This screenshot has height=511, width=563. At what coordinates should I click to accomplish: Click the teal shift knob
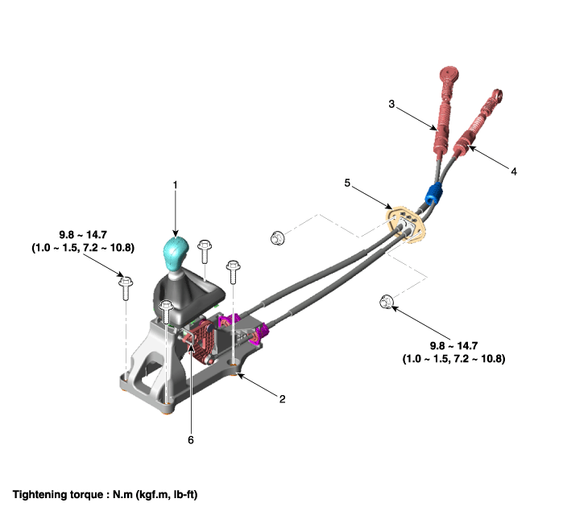pos(176,253)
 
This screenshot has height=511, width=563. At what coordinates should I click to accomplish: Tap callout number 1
pos(176,185)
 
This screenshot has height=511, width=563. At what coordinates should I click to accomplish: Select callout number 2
pos(282,399)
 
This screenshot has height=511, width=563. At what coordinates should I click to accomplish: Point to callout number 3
pos(391,104)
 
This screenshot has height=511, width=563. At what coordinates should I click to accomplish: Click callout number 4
pos(514,171)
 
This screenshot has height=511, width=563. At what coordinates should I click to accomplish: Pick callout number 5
pos(347,183)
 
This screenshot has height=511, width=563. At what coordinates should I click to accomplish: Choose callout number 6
pos(191,440)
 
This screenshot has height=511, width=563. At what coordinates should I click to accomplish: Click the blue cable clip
pos(433,194)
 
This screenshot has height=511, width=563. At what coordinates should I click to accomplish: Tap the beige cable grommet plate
pos(405,225)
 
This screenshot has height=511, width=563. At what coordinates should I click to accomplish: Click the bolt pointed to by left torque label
pos(126,288)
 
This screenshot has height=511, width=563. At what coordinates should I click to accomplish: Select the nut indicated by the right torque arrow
pos(386,302)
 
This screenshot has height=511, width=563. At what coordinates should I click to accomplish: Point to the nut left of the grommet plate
pos(277,238)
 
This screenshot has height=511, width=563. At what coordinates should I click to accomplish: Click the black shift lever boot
pos(188,296)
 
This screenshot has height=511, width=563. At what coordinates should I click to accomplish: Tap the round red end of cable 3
pos(449,74)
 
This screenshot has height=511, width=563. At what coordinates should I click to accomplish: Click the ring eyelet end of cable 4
pos(497,96)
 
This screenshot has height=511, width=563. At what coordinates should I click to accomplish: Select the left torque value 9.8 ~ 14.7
pos(83,235)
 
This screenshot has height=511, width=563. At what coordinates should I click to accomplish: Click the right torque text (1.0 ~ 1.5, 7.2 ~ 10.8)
pos(453,359)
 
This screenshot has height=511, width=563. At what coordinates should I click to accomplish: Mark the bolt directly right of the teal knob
pos(205,252)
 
